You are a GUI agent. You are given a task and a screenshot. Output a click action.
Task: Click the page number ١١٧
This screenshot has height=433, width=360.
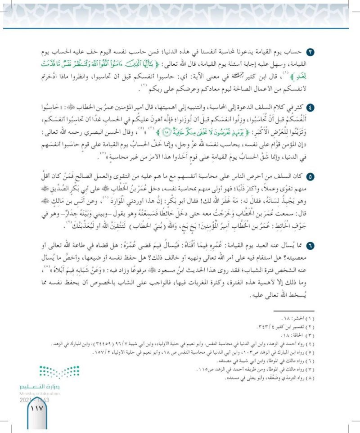35,410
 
